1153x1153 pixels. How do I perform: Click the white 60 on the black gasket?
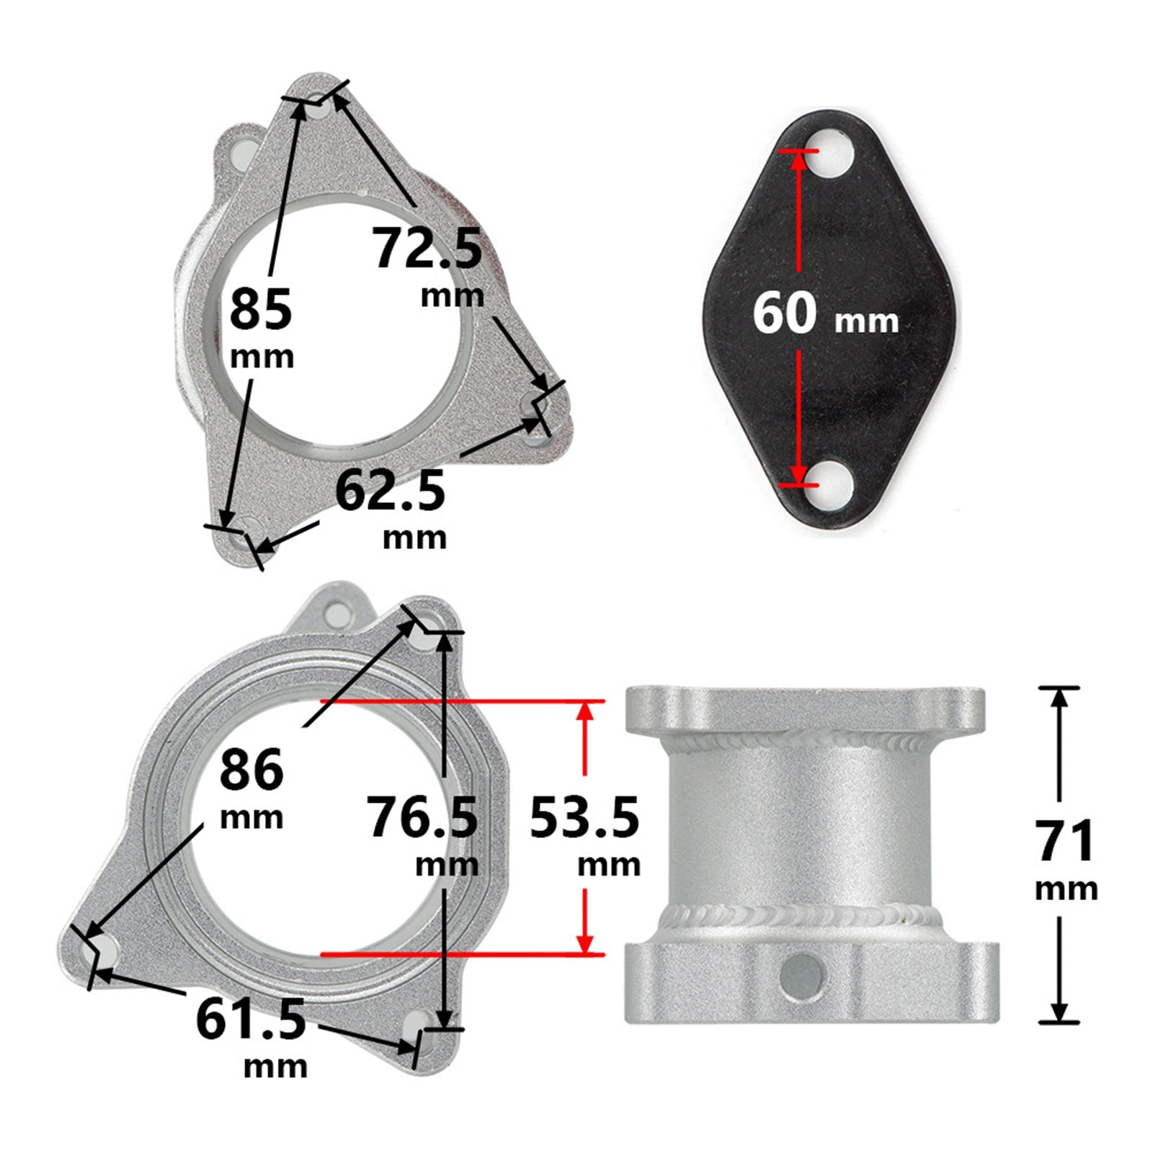point(785,313)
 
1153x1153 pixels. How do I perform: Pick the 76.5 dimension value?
point(422,817)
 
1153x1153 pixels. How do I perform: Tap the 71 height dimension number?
point(1065,841)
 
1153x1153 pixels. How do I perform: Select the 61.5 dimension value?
point(251,1020)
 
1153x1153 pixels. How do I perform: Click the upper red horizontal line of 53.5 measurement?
point(461,700)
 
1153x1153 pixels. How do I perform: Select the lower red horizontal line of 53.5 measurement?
point(461,954)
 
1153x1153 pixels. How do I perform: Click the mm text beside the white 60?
point(866,321)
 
